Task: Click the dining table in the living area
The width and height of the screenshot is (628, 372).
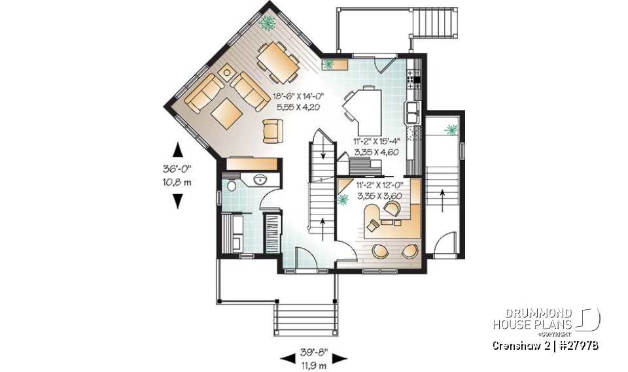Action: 279,60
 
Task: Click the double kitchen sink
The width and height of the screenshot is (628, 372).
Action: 413,112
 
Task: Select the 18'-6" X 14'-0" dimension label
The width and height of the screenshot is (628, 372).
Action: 298,96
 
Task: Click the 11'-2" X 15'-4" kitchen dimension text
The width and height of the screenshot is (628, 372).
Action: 376,141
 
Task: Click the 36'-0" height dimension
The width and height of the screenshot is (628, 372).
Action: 177,168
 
